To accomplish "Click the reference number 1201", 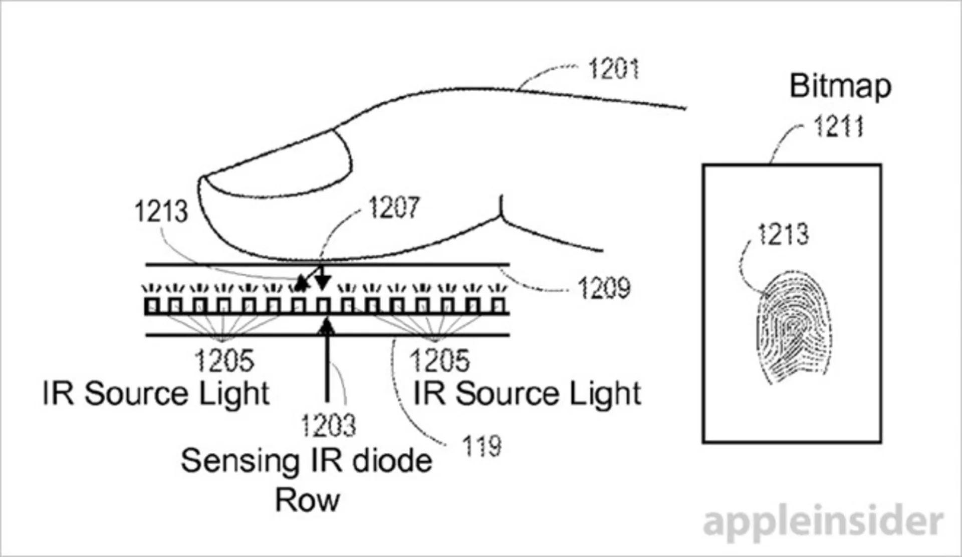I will point(614,69).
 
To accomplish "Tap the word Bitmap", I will point(840,87).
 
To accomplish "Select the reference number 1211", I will point(838,126).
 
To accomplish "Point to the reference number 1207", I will point(394,207).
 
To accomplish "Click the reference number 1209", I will point(604,288).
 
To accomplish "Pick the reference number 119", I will point(481,446).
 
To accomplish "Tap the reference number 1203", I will point(328,425).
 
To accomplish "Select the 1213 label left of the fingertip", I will point(161,211).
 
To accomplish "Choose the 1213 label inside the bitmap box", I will point(783,234).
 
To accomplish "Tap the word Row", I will point(307,500).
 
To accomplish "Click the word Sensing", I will point(239,461).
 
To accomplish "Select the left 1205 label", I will point(224,360).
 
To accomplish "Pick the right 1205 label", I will point(439,360).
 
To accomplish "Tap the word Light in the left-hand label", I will point(234,394).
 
